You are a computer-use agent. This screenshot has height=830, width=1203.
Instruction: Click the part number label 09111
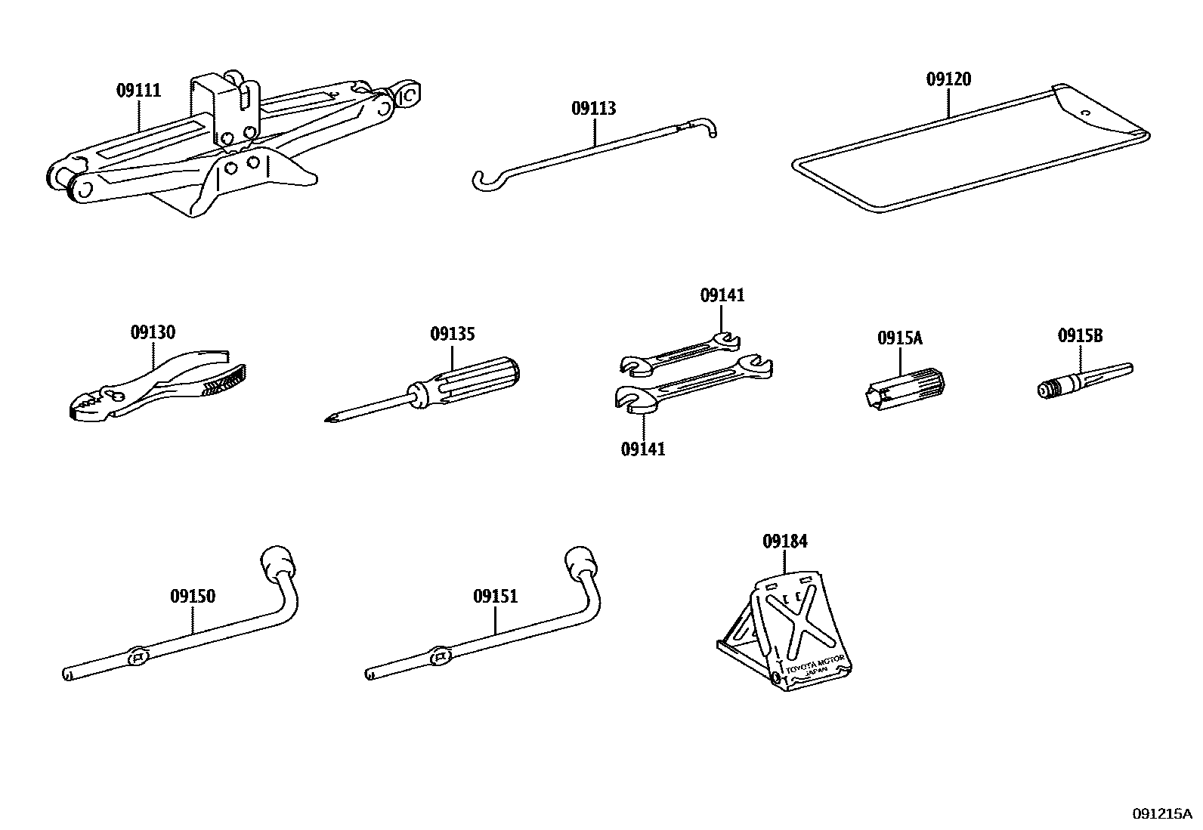pyautogui.click(x=138, y=91)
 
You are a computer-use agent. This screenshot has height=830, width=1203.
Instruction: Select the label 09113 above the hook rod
pyautogui.click(x=593, y=108)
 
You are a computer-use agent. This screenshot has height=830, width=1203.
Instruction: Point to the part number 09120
pyautogui.click(x=948, y=79)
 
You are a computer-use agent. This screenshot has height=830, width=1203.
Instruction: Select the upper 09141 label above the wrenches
pyautogui.click(x=722, y=295)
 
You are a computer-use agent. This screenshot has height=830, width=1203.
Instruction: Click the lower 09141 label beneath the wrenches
pyautogui.click(x=643, y=449)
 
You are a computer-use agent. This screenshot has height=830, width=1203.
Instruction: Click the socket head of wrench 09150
pyautogui.click(x=277, y=561)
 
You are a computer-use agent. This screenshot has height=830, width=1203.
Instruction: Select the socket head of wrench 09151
pyautogui.click(x=581, y=562)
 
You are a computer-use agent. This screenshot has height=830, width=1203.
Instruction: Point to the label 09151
pyautogui.click(x=496, y=597)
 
